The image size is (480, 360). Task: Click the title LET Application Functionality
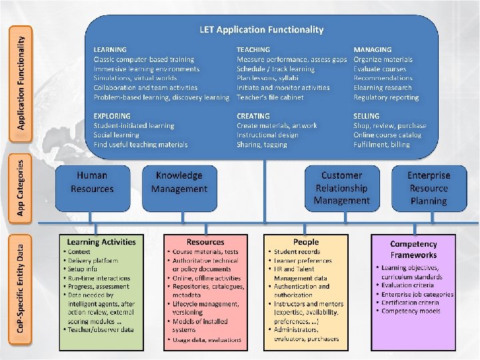[261, 30]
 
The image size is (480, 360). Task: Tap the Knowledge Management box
[179, 182]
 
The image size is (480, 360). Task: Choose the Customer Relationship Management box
[341, 187]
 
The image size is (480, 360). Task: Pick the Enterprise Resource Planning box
[429, 187]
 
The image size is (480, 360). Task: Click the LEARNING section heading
[110, 50]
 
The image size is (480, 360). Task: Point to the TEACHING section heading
[253, 50]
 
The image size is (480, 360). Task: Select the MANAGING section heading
[373, 50]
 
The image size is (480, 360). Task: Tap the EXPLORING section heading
[112, 116]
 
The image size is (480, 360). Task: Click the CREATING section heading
[253, 116]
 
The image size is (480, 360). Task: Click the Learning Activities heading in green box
[101, 242]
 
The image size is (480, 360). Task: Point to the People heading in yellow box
[306, 242]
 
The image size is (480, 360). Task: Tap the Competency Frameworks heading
[413, 249]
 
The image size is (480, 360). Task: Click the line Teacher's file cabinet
[270, 97]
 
